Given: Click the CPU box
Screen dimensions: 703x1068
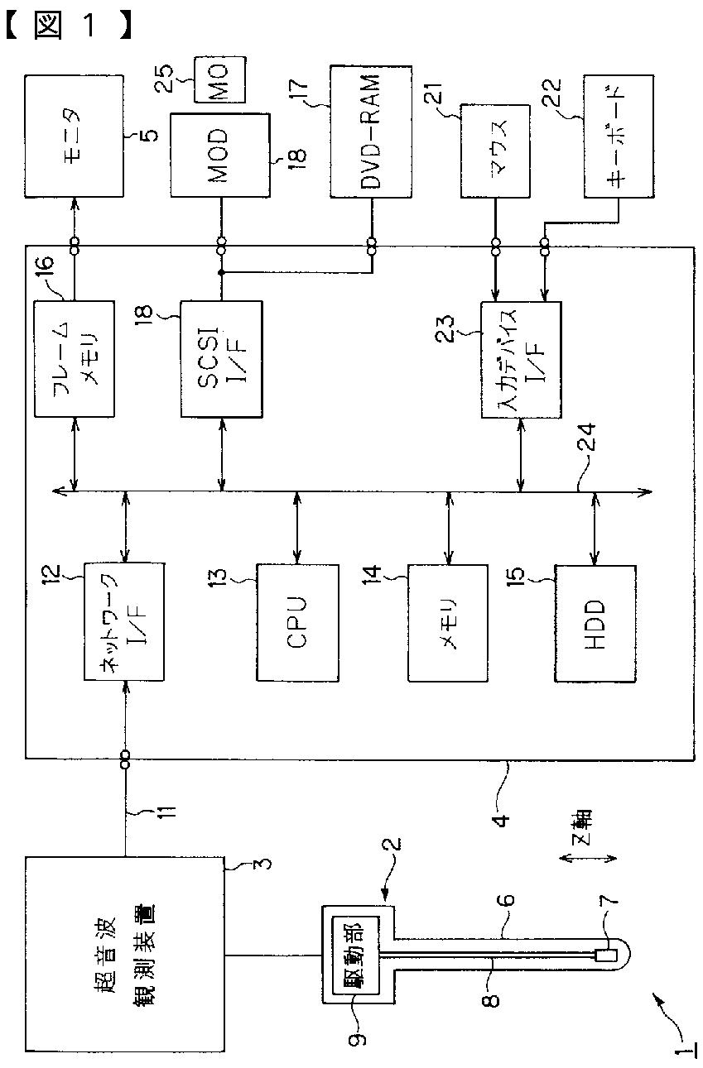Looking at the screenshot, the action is (297, 623).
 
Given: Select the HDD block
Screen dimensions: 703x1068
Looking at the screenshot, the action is (595, 624).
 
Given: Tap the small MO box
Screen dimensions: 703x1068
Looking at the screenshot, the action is (219, 79).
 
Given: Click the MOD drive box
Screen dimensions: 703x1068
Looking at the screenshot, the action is (220, 155).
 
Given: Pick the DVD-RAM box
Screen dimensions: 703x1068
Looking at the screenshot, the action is (371, 132).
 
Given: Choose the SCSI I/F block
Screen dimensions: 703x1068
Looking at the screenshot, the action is (221, 359).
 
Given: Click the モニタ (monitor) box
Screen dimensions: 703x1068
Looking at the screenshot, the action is (74, 136).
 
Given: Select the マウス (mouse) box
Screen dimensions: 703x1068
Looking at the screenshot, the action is (495, 151).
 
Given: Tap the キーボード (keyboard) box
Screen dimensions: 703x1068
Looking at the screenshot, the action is (619, 136).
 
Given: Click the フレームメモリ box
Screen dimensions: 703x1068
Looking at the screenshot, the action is (74, 358).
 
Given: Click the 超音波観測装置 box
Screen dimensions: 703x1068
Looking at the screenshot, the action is (124, 954).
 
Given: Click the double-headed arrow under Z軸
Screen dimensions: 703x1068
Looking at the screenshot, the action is (588, 858).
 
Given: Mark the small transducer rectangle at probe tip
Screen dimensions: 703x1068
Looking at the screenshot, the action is (606, 955).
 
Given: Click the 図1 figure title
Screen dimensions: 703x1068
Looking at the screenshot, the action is (68, 26).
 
